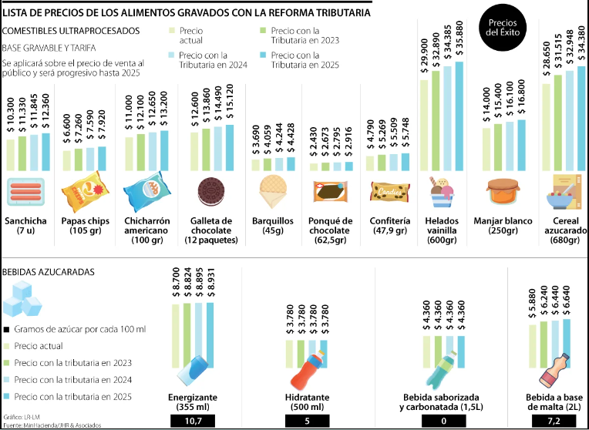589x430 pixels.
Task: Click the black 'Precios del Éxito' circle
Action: point(503,30)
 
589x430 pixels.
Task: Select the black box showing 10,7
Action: point(193,420)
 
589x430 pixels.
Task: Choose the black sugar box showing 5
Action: point(308,420)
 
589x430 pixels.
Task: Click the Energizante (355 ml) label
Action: point(193,401)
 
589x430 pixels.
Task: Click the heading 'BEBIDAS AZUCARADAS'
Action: point(49,273)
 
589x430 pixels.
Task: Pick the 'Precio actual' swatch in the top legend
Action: point(173,31)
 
